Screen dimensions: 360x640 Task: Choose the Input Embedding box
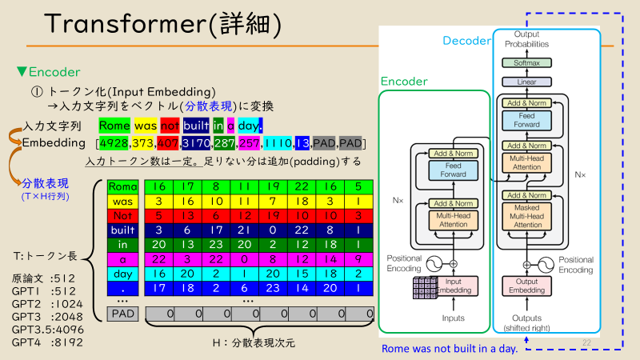[453, 285]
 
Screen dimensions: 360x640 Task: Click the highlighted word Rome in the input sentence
[114, 126]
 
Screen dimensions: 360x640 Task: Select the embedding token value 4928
[114, 143]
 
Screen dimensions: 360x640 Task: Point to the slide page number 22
[587, 343]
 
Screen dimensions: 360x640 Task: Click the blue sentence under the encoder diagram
[449, 349]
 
